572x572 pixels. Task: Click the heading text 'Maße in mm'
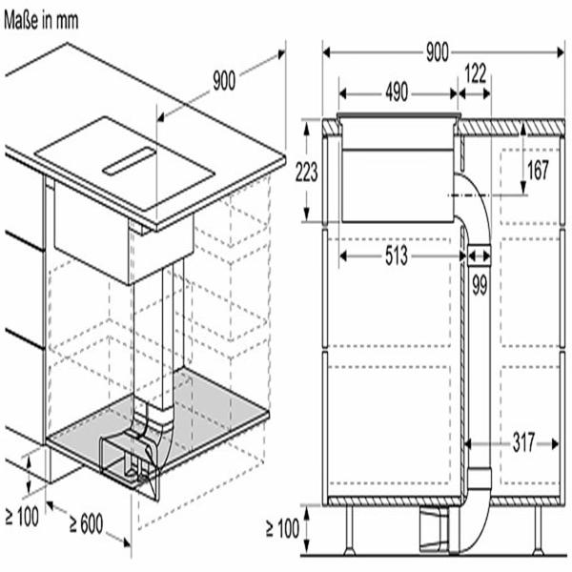pos(41,20)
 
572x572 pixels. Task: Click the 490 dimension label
pos(397,92)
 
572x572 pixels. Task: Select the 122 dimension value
pos(476,73)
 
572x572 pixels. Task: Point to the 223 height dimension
pos(306,172)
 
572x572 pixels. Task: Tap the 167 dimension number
pos(538,170)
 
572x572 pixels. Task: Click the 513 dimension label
pos(397,255)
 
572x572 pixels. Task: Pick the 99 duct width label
pos(480,285)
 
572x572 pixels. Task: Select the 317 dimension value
pos(523,442)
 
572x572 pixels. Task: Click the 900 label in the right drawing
pos(438,52)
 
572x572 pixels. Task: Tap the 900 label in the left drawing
pos(224,81)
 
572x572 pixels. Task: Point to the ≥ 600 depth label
pos(87,523)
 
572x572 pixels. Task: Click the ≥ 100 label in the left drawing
pos(22,517)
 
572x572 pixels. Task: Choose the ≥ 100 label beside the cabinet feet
pos(283,528)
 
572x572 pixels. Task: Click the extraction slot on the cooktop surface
pos(129,161)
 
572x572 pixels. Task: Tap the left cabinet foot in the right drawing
pos(350,531)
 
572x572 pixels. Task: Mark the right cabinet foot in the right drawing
pos(538,531)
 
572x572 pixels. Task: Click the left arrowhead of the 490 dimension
pos(342,93)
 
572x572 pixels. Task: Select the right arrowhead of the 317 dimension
pos(555,444)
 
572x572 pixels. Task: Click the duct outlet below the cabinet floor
pos(434,531)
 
